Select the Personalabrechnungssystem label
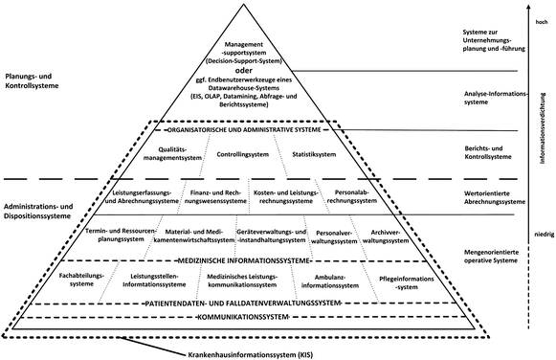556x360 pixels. click(351, 197)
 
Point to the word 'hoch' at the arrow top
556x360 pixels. click(542, 21)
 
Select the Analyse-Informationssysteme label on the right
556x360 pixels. click(483, 100)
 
